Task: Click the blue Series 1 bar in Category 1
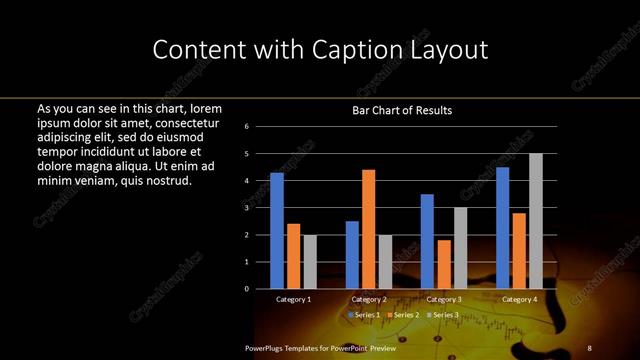tap(277, 231)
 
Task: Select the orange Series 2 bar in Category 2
tap(368, 229)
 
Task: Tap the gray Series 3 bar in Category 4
tap(536, 221)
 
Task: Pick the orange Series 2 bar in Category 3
tap(444, 264)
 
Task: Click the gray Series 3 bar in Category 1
tap(310, 262)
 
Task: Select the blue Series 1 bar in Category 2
tap(352, 255)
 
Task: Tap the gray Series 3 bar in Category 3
tap(460, 248)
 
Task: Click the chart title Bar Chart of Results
tap(395, 110)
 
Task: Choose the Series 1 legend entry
tap(366, 315)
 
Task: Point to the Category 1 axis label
tap(293, 299)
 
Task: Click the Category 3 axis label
tap(444, 299)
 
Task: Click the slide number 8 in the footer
tap(588, 347)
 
